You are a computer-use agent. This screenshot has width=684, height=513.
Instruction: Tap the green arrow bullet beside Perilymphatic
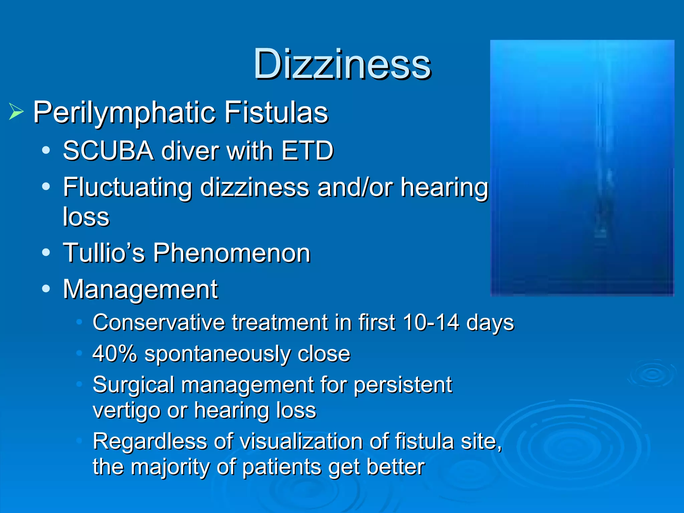16,112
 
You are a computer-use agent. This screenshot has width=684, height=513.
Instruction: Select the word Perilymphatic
124,113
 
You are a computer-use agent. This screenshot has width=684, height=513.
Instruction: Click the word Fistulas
276,112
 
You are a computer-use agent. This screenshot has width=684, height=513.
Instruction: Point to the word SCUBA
108,151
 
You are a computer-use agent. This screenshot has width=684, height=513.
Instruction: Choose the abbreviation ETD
307,151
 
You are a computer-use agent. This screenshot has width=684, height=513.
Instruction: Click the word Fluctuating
128,188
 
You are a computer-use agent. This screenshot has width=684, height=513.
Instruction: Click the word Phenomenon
232,253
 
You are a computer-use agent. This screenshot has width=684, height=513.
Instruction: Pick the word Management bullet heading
140,289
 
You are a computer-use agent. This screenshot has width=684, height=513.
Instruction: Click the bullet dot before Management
46,289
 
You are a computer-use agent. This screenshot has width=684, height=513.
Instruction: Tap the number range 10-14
431,323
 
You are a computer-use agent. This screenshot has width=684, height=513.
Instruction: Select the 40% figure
115,354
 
